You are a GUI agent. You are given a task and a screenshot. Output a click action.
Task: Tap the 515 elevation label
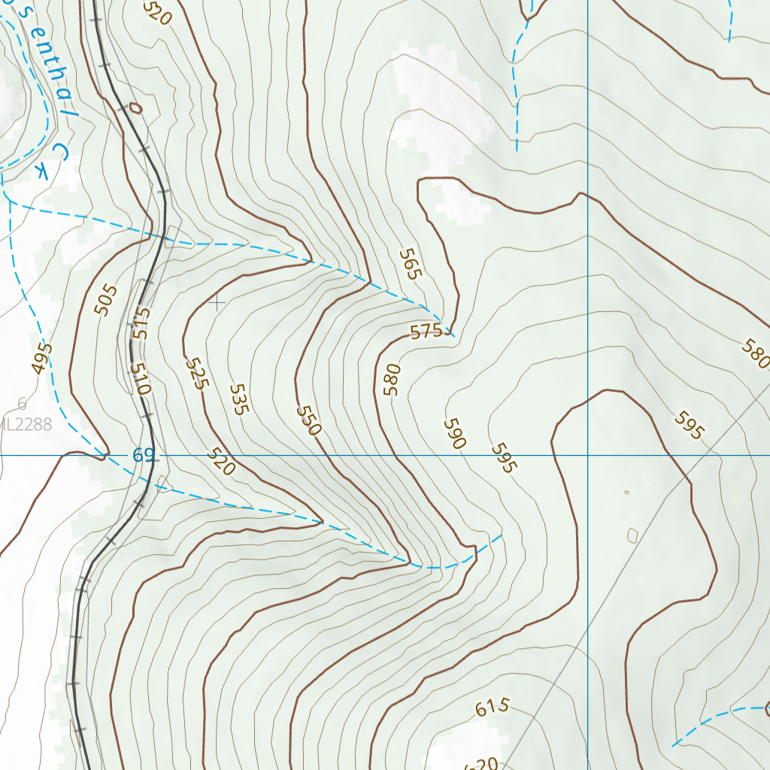(x=141, y=323)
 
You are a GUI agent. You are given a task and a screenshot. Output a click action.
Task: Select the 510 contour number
(x=141, y=379)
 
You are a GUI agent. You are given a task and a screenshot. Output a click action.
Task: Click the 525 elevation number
(x=196, y=373)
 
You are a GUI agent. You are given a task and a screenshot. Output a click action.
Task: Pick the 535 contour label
(x=238, y=400)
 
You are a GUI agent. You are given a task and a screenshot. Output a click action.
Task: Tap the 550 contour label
(x=308, y=421)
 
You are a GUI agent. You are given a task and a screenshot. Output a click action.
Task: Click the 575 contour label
(x=426, y=331)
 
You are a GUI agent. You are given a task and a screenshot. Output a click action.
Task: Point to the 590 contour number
(x=453, y=434)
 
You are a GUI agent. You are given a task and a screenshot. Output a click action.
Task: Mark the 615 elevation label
(x=493, y=708)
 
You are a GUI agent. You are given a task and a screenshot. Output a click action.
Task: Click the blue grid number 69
(x=144, y=456)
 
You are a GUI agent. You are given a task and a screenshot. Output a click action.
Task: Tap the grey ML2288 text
(x=27, y=425)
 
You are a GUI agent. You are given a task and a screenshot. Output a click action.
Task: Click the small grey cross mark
(x=217, y=303)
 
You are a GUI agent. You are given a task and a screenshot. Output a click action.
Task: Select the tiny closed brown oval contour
(x=135, y=108)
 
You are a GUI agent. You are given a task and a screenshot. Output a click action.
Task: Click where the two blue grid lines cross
(x=587, y=456)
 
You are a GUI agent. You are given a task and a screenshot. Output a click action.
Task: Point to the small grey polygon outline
(x=632, y=535)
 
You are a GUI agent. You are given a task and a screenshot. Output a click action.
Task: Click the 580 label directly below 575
(x=392, y=380)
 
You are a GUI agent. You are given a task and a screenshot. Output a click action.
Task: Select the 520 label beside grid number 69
(x=221, y=462)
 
